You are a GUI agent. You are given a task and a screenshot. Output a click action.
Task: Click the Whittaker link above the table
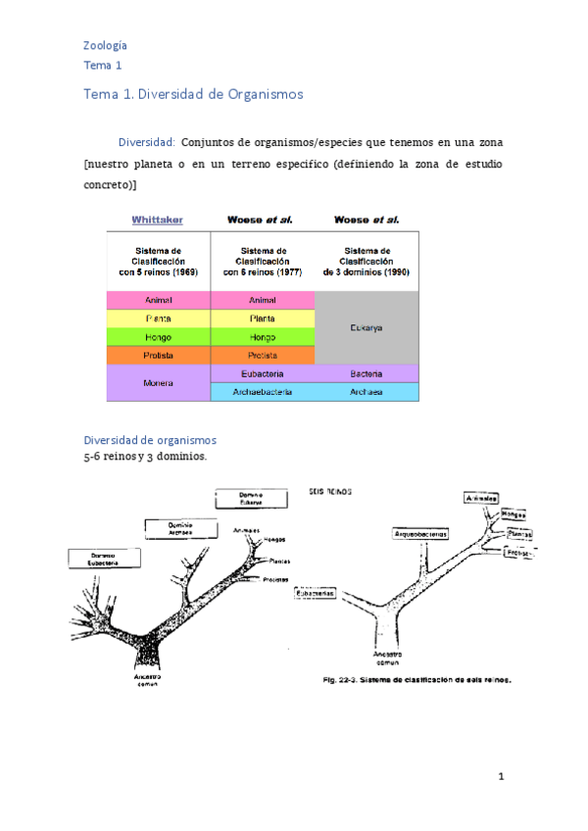click(158, 220)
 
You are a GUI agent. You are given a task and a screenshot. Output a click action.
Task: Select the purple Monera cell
click(158, 382)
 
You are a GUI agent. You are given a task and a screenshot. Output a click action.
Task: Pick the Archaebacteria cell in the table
click(263, 392)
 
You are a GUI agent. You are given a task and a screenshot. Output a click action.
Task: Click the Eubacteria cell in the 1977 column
click(263, 373)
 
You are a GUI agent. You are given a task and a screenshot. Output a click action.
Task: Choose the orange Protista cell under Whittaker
click(158, 355)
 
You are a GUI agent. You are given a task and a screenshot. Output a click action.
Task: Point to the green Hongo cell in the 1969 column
click(158, 336)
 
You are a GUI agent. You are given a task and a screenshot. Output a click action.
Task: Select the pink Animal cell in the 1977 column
click(263, 300)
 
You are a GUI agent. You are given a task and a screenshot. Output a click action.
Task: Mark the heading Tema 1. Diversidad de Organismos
click(193, 95)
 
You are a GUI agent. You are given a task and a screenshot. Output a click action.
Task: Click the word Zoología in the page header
click(105, 45)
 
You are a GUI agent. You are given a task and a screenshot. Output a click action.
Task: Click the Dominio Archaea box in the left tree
click(178, 529)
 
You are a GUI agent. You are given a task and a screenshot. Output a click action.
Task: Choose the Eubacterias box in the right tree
click(316, 593)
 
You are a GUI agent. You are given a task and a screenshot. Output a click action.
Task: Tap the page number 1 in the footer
click(501, 777)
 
